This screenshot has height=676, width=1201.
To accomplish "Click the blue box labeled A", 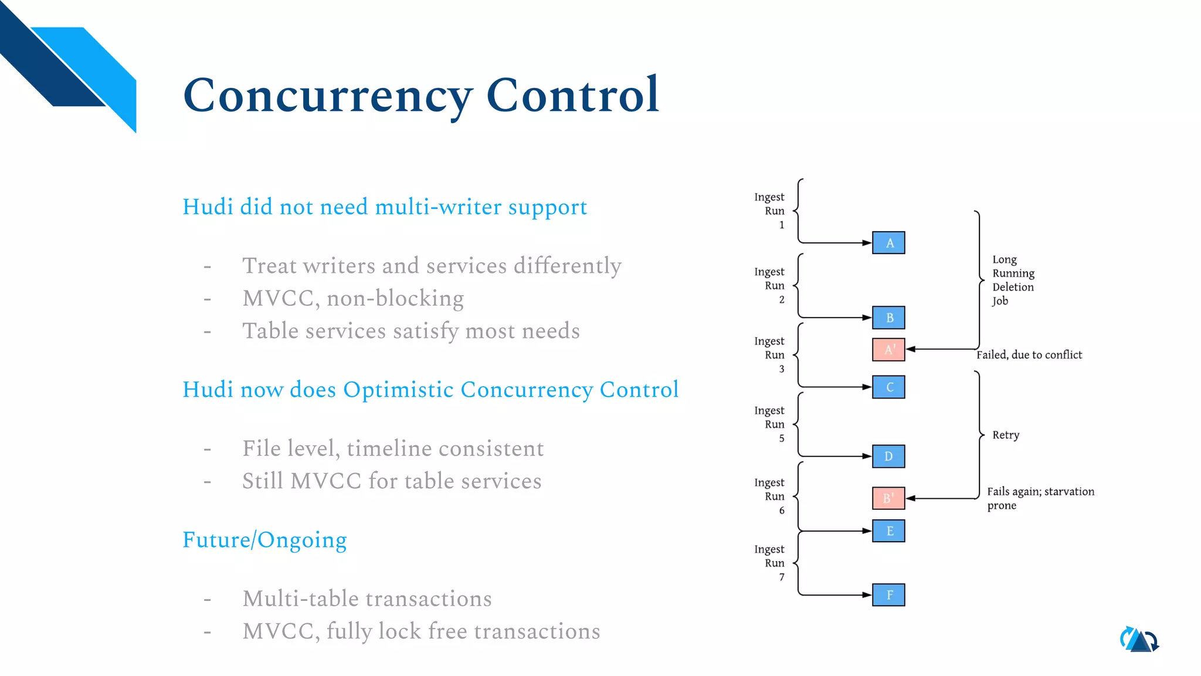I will (888, 243).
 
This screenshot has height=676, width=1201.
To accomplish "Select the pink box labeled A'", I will (888, 350).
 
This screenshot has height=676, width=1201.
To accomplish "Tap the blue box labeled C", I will (888, 387).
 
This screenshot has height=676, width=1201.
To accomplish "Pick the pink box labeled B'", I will (888, 498).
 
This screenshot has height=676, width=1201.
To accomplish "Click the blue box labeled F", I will (888, 595).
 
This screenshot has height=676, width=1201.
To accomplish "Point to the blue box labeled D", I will (888, 457).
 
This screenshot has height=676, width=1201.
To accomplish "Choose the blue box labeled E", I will (888, 531).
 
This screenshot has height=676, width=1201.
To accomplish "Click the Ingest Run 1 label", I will (770, 211).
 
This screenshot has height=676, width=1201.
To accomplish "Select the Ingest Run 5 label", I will (770, 424).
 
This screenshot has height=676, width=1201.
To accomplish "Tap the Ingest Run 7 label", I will (770, 563).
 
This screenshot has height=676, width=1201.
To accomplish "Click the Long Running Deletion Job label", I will (1013, 280).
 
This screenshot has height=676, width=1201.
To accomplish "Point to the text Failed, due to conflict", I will (1029, 355).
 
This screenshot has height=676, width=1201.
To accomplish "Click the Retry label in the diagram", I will (1006, 435).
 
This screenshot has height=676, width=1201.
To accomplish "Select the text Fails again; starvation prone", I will (1040, 498).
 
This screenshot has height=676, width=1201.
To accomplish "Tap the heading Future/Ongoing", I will (264, 540).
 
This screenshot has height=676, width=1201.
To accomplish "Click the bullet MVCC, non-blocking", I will (353, 299).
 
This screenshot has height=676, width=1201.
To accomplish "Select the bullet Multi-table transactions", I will (367, 599).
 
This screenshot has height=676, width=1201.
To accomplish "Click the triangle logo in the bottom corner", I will (1139, 640).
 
